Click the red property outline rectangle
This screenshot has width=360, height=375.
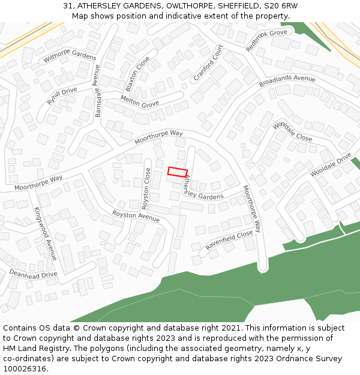[x=177, y=172]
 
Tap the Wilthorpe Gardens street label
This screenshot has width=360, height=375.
[x=70, y=57]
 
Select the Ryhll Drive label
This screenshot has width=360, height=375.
[x=62, y=96]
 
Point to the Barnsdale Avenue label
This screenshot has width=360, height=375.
[x=98, y=91]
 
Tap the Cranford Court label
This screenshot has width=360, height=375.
[x=208, y=63]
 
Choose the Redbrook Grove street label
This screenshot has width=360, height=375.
[x=266, y=40]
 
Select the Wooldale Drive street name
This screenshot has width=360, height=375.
[x=331, y=164]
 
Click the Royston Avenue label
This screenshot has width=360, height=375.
[x=136, y=217]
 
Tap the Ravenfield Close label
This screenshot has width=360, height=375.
[x=229, y=240]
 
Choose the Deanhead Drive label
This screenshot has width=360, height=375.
[x=33, y=274]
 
